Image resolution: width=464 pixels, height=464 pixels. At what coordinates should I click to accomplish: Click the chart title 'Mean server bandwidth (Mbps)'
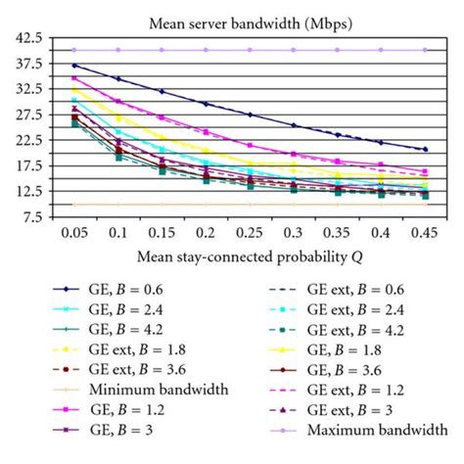point(232,20)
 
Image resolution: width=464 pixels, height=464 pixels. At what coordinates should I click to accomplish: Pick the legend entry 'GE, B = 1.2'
point(133,410)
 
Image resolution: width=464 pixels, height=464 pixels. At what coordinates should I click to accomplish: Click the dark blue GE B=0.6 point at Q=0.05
point(74,66)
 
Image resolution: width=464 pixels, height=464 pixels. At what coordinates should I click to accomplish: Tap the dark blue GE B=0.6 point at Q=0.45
point(424,150)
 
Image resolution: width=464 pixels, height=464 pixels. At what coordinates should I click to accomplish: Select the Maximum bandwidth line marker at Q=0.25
point(249,49)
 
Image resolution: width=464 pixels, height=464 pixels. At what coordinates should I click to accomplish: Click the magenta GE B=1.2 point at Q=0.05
point(74,77)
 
